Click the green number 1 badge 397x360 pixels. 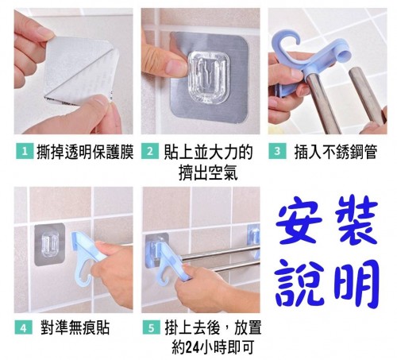pyautogui.click(x=25, y=151)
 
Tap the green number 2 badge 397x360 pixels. pyautogui.click(x=149, y=151)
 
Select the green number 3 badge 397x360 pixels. pyautogui.click(x=277, y=151)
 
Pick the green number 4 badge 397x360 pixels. pyautogui.click(x=24, y=327)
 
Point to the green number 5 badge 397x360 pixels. pyautogui.click(x=151, y=327)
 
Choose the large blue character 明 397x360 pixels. pyautogui.click(x=357, y=284)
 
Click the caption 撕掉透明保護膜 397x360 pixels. pyautogui.click(x=84, y=152)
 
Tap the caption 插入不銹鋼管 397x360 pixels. pyautogui.click(x=335, y=152)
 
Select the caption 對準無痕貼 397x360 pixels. pyautogui.click(x=75, y=327)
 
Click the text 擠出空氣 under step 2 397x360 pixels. pyautogui.click(x=208, y=172)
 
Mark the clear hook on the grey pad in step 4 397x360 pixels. pyautogui.click(x=50, y=245)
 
